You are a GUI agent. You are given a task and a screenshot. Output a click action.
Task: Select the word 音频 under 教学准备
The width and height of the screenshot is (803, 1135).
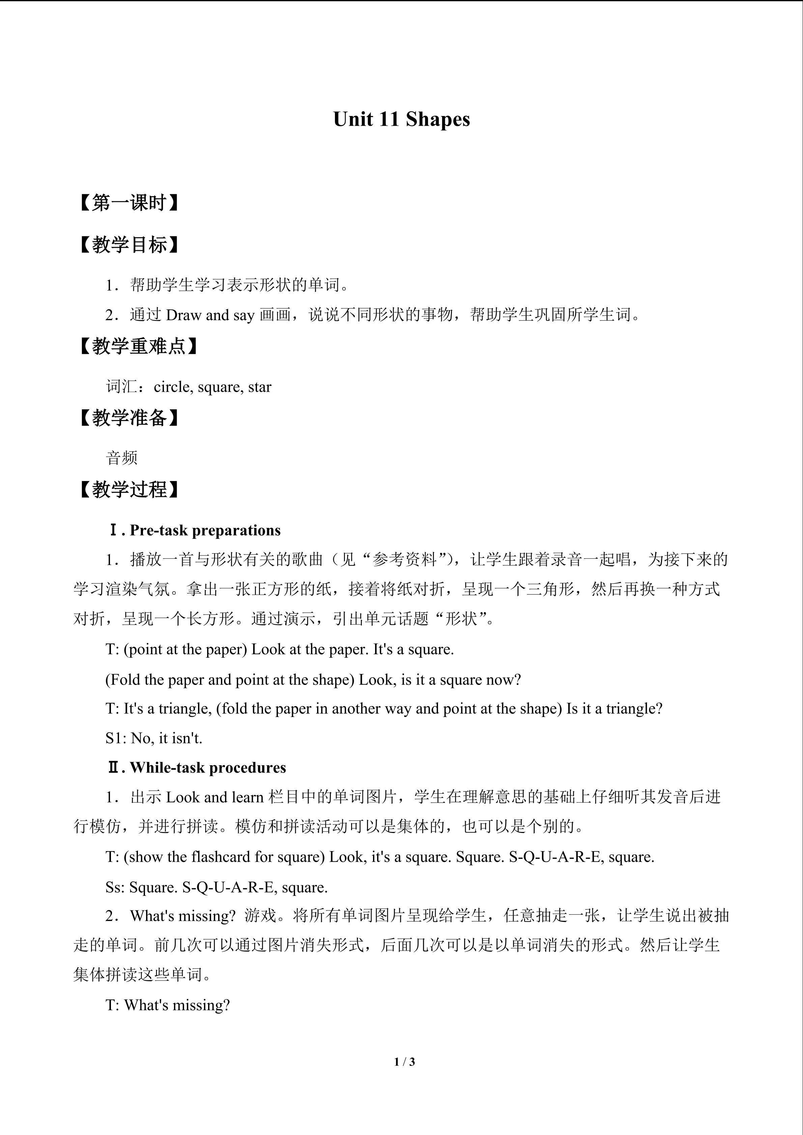pos(122,458)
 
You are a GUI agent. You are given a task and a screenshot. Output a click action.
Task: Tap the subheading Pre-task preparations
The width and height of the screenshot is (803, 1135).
pos(205,531)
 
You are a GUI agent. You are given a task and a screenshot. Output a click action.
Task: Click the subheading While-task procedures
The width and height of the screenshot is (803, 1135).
pos(208,768)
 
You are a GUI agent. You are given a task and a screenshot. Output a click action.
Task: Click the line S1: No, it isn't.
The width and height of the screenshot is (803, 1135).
pos(154,738)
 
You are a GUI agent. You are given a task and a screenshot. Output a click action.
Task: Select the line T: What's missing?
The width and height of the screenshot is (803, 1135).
pos(168,1005)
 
